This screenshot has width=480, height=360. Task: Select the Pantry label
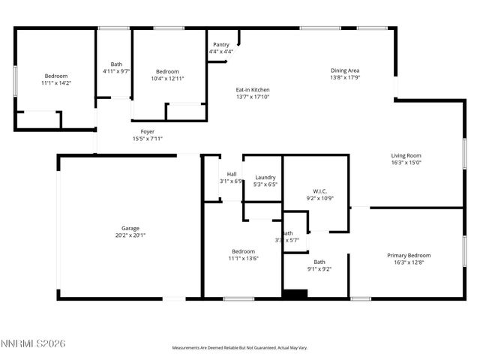tap(221, 45)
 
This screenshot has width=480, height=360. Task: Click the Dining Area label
tap(345, 70)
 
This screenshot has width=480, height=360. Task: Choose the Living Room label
tap(406, 155)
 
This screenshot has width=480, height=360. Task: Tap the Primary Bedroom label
tap(409, 255)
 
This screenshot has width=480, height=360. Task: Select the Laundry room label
tap(265, 177)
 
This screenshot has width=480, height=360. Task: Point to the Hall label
tap(232, 174)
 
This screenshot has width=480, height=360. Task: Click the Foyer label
tap(147, 131)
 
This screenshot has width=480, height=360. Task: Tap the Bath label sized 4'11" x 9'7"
tap(116, 64)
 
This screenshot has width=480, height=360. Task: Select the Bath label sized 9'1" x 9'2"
tap(319, 262)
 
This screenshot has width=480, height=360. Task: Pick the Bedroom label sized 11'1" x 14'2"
tap(55, 76)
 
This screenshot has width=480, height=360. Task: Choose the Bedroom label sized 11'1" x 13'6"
tap(243, 251)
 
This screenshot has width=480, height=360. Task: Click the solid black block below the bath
tap(295, 295)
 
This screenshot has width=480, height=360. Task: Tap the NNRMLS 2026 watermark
tap(34, 343)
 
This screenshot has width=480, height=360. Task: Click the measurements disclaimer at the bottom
tap(240, 348)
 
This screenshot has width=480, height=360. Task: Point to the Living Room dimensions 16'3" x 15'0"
tap(406, 163)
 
